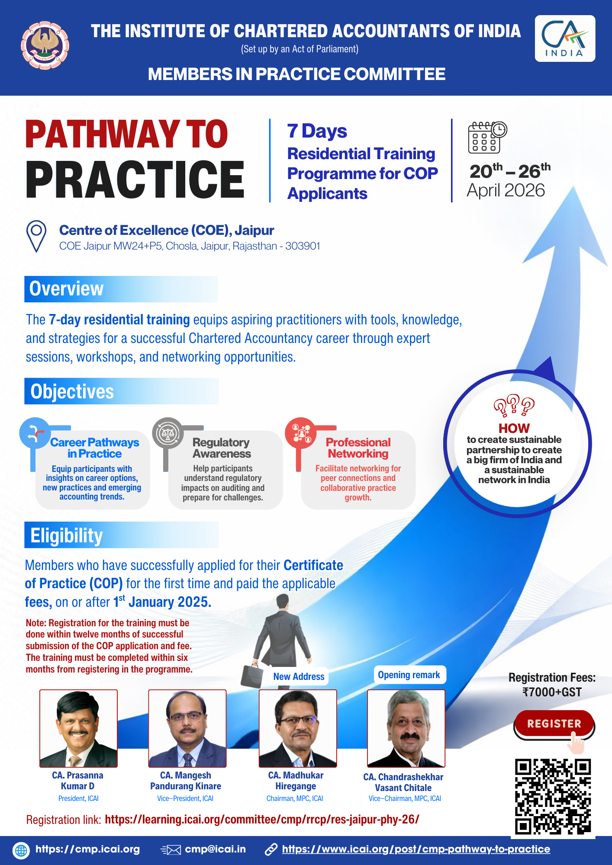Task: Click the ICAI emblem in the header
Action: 45,45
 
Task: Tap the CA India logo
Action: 565,38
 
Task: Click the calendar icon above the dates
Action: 487,137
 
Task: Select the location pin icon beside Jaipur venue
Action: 36,236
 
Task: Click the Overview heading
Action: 66,289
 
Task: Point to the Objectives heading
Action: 72,391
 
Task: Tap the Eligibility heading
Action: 67,535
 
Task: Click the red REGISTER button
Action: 554,724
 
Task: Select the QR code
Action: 553,796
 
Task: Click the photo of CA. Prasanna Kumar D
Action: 78,728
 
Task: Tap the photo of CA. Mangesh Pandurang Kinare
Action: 187,728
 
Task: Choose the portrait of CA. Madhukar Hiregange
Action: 298,728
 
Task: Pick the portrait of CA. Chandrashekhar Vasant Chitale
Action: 406,728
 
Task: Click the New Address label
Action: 299,676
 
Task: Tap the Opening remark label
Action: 409,675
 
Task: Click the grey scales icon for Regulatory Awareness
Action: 168,433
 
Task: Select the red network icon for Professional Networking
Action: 301,433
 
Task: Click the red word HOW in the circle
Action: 514,428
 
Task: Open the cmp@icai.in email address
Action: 215,849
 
